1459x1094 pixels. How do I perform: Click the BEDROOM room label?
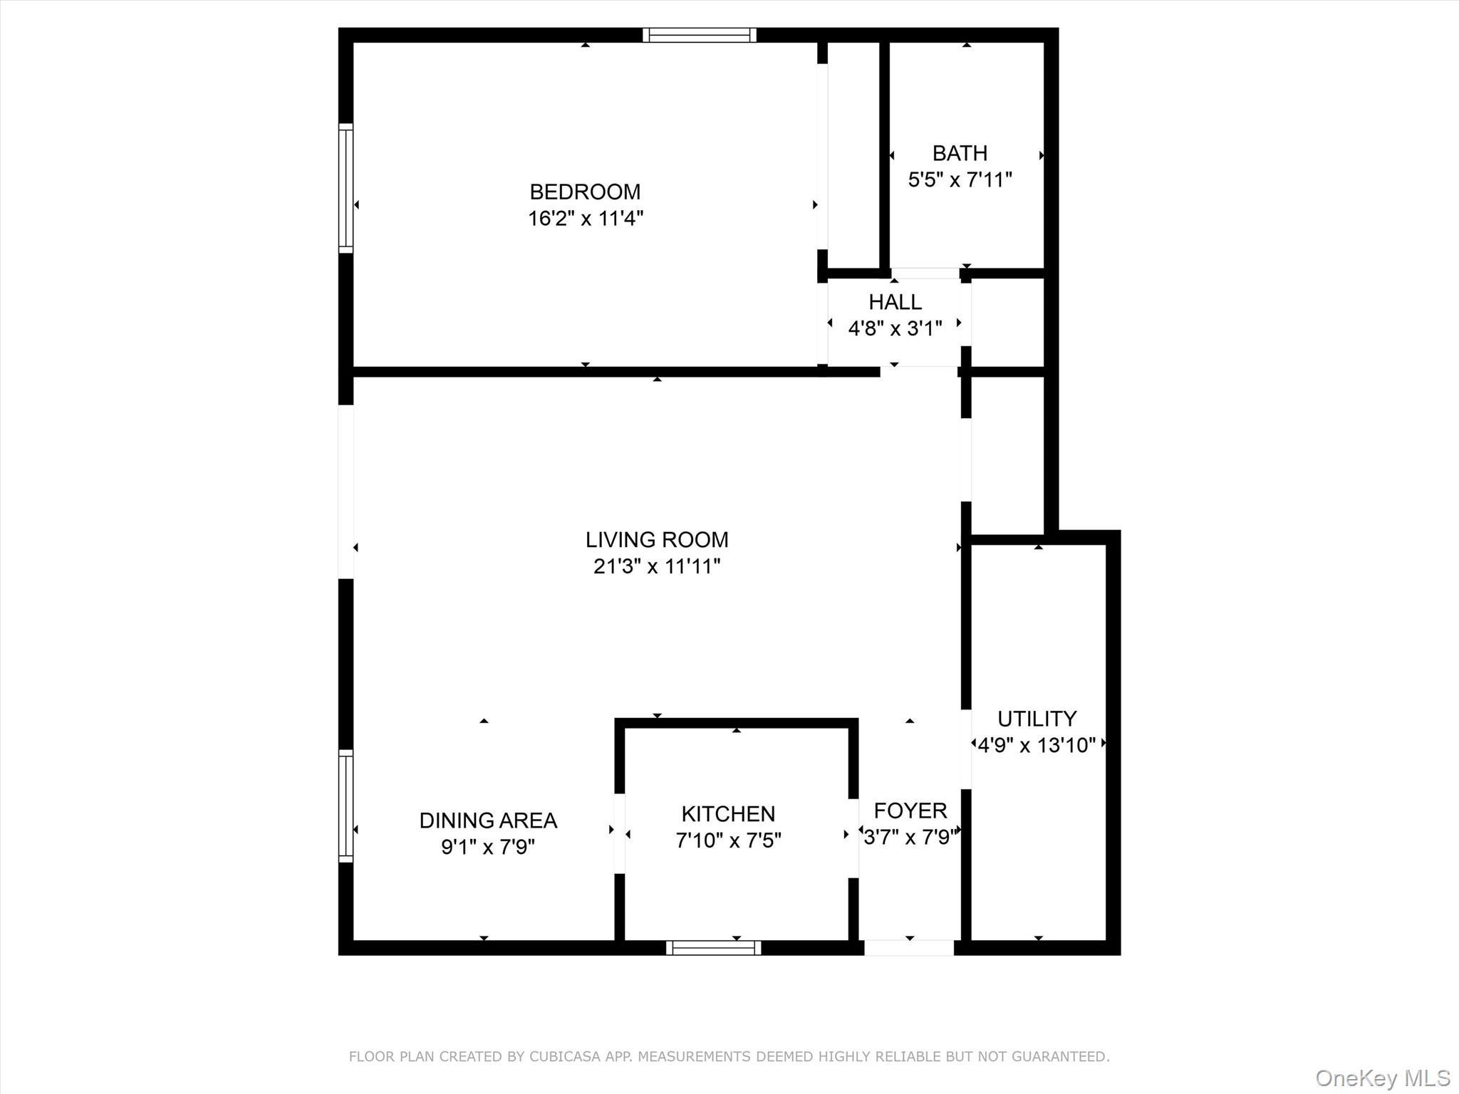[x=585, y=192]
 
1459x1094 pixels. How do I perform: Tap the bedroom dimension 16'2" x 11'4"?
[x=585, y=218]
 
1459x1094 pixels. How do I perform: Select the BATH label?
[x=960, y=153]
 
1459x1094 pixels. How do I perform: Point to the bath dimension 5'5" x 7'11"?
[x=960, y=179]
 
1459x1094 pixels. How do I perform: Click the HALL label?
[x=895, y=302]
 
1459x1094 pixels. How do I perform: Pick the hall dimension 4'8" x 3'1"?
[x=895, y=328]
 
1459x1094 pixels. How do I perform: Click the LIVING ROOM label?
[x=656, y=540]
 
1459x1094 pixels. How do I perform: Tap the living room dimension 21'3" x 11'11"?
[x=656, y=566]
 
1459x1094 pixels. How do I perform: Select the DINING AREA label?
[x=488, y=820]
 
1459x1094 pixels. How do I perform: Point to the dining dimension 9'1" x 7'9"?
[x=488, y=847]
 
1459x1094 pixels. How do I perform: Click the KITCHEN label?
[x=728, y=813]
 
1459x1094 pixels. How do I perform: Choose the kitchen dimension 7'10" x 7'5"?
[x=728, y=840]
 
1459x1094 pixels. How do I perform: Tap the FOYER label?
[x=910, y=811]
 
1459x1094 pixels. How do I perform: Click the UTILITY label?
[x=1037, y=718]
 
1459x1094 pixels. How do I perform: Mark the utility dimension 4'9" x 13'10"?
[x=1037, y=745]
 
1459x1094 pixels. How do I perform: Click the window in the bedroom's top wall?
[x=699, y=35]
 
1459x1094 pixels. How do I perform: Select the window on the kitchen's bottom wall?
[x=713, y=947]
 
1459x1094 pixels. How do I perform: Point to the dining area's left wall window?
[x=346, y=806]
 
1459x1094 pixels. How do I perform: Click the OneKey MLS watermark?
[x=1382, y=1078]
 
